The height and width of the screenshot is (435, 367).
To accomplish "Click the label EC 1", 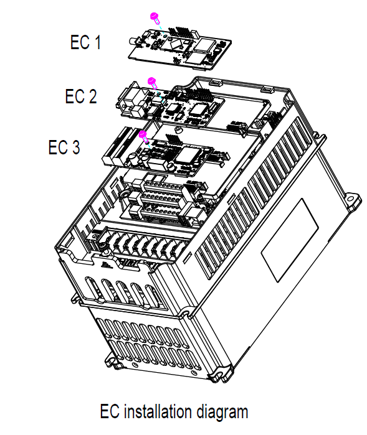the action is pyautogui.click(x=85, y=42).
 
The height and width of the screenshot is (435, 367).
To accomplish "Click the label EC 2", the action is pyautogui.click(x=81, y=96).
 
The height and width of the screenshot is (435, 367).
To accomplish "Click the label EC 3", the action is pyautogui.click(x=64, y=147).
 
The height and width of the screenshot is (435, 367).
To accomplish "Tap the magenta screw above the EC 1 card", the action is pyautogui.click(x=155, y=17).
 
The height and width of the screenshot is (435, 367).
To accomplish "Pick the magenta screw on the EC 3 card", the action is pyautogui.click(x=143, y=136).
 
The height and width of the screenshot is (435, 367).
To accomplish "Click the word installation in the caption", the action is pyautogui.click(x=158, y=412).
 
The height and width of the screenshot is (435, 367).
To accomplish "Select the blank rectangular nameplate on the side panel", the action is pyautogui.click(x=290, y=240).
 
